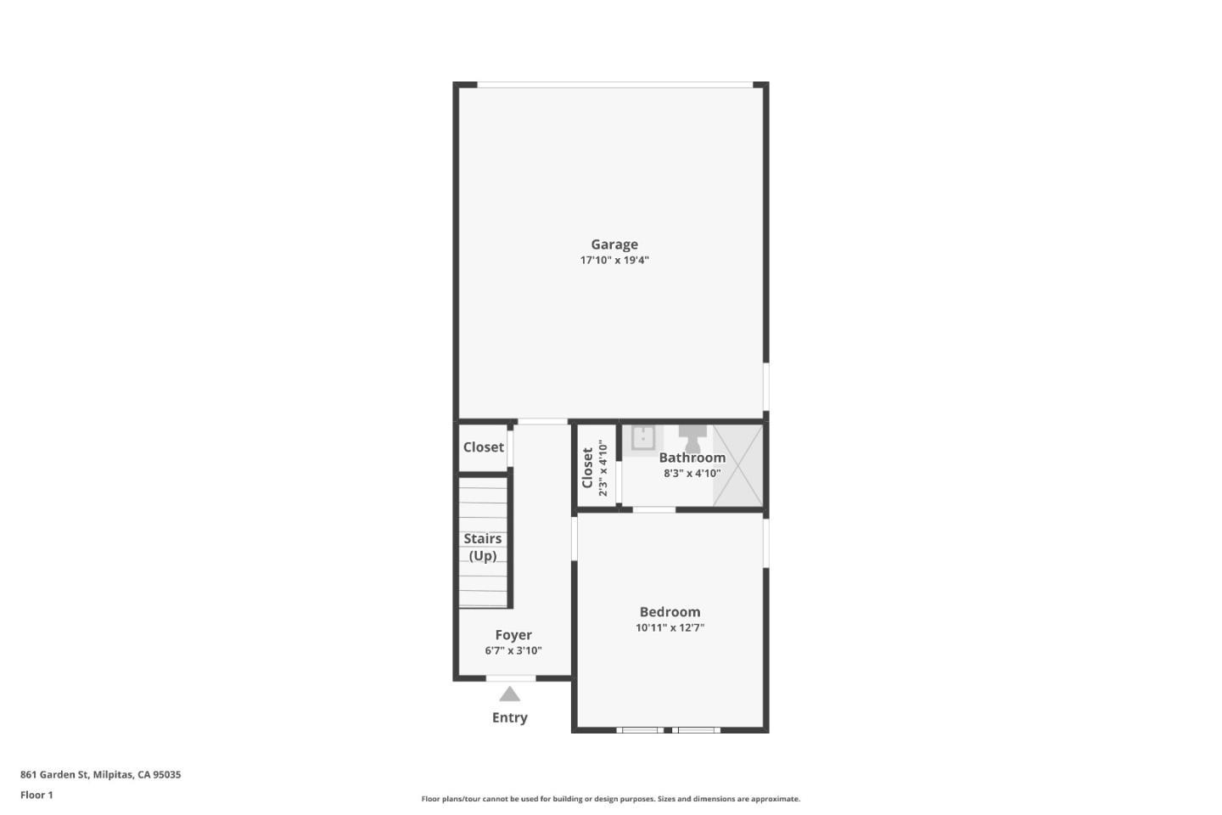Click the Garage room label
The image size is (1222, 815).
614,244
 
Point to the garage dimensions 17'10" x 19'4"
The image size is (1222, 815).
614,261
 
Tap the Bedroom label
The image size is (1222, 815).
670,612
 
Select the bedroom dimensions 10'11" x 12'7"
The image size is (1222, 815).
670,628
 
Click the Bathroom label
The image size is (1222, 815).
692,458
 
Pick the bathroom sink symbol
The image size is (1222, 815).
642,438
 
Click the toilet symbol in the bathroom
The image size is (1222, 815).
692,437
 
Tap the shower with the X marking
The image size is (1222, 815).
737,465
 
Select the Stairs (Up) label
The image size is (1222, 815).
482,547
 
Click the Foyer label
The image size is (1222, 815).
513,635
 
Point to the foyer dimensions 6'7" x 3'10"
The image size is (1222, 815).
513,651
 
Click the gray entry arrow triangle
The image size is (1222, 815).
509,694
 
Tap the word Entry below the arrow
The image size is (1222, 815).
509,717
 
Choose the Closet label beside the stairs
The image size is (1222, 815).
483,447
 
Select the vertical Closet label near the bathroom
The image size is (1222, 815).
587,468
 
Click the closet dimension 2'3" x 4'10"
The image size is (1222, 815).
603,468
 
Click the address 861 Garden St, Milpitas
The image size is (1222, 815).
100,774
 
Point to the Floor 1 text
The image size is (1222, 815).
36,795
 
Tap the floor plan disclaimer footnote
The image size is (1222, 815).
610,799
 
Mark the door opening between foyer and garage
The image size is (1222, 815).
542,422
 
